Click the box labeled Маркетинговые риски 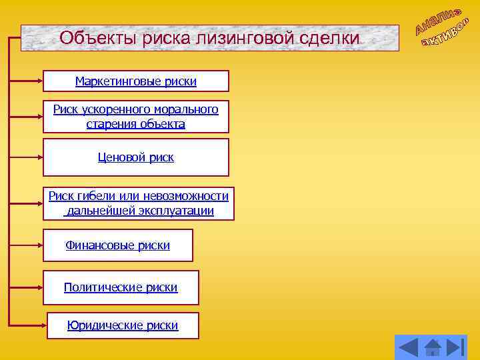(136, 81)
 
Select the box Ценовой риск (136, 157)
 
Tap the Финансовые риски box (118, 245)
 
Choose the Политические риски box (121, 287)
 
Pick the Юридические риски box (123, 325)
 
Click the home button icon (433, 348)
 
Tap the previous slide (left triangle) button (408, 348)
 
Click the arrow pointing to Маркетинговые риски (27, 81)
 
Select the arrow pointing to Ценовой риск (27, 158)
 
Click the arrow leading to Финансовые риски (27, 245)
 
